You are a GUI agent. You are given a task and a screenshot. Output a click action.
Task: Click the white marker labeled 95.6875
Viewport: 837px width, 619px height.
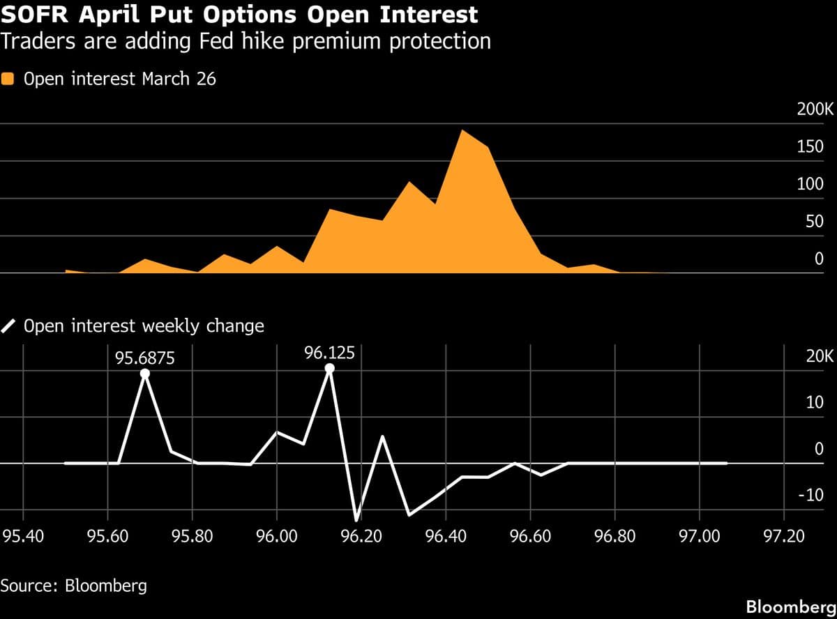[x=145, y=374]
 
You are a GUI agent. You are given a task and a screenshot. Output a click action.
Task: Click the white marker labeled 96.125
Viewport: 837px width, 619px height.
[x=329, y=368]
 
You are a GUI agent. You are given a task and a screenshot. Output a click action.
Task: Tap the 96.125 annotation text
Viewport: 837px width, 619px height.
[x=329, y=353]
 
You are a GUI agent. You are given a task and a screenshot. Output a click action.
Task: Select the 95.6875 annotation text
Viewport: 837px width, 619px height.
[x=145, y=358]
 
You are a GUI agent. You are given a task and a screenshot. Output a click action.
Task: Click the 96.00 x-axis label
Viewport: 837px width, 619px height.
[x=277, y=537]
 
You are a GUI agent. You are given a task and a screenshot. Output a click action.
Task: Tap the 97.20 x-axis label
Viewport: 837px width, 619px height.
[x=784, y=537]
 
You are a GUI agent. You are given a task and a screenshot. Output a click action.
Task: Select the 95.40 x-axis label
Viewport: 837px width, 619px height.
[x=23, y=537]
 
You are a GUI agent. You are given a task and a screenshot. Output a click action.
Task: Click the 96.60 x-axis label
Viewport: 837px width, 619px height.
[x=531, y=537]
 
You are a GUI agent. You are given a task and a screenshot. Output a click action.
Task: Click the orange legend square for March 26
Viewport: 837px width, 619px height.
[x=8, y=79]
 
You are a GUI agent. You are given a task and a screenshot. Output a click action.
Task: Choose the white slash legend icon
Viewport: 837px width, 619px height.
[x=8, y=326]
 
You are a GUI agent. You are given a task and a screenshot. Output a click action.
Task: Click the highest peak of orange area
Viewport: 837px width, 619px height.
[x=462, y=130]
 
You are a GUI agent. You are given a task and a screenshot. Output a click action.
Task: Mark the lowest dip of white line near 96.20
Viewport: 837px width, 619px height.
[x=357, y=519]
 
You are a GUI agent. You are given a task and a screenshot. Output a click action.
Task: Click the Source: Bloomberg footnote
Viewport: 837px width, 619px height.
[x=73, y=585]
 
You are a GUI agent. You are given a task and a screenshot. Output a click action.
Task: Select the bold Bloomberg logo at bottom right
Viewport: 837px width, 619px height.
[x=790, y=606]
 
